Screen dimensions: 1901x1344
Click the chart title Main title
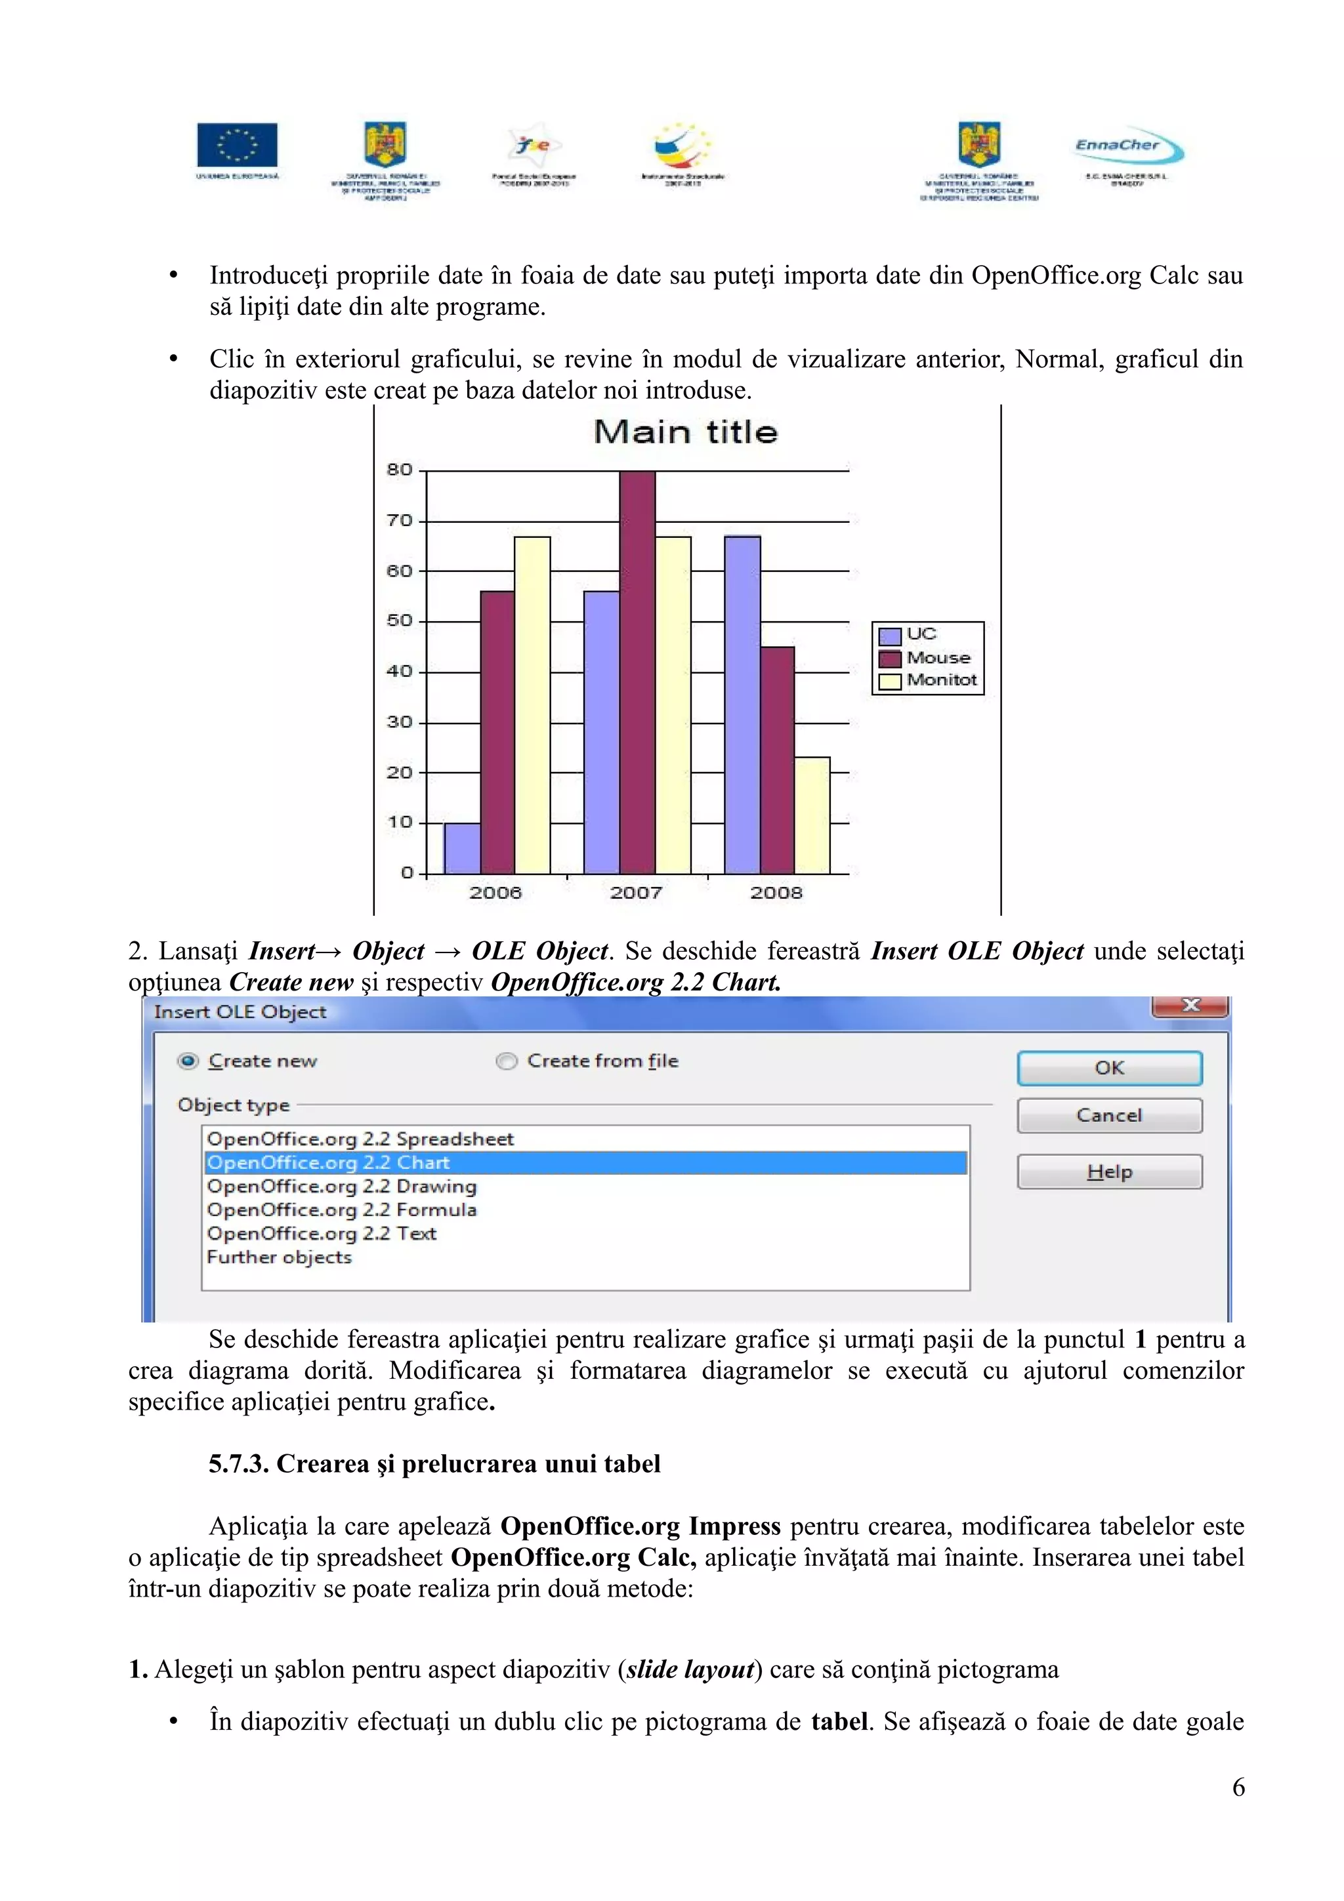pos(686,432)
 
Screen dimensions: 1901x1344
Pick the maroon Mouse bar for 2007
pos(637,672)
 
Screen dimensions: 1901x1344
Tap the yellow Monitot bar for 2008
pos(812,815)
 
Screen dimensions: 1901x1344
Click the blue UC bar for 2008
pos(742,705)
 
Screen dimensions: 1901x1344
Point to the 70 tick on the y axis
pos(399,521)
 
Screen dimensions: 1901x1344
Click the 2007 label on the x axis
pos(636,893)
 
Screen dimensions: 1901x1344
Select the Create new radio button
pos(189,1061)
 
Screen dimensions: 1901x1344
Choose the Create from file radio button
pos(506,1061)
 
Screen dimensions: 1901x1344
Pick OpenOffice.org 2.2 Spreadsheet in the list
pos(360,1139)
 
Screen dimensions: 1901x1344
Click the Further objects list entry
pos(279,1257)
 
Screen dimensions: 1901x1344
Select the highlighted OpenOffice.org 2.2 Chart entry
pos(329,1162)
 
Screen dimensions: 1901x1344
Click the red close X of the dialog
pos(1189,1005)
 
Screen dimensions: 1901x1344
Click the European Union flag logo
pos(237,145)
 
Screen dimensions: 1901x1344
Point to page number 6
pos(1237,1787)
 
